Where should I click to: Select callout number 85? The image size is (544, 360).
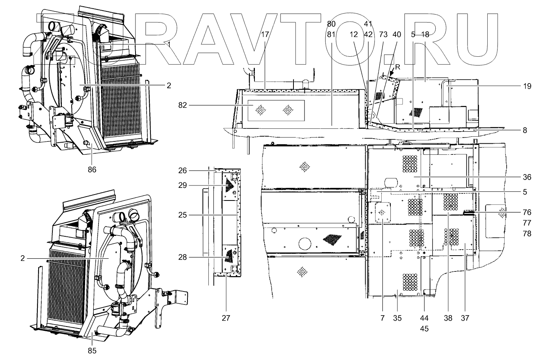coord(92,350)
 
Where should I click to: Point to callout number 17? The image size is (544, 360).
coord(265,34)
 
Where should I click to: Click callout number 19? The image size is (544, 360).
coord(527,86)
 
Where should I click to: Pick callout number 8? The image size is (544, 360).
coord(525,130)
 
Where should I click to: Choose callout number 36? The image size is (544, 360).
coord(527,177)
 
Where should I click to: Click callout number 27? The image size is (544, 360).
coord(226,318)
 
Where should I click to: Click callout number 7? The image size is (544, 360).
coord(382,318)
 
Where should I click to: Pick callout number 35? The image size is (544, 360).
coord(397,318)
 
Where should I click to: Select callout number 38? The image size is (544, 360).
coord(448,318)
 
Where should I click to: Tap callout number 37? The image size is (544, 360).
coord(465,318)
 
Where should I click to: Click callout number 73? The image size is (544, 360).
coord(382,34)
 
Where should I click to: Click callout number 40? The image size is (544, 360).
coord(397,34)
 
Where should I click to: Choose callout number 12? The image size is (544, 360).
coord(353,34)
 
